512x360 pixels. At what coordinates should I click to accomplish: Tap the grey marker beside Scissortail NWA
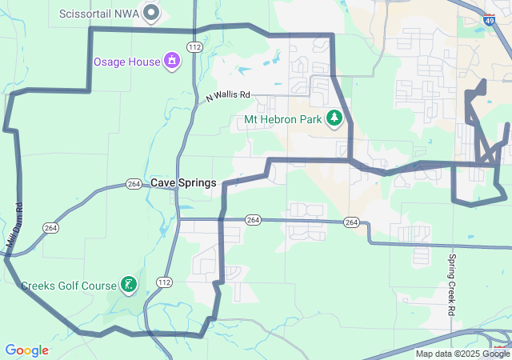(x=150, y=13)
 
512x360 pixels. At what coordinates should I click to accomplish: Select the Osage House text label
(x=127, y=61)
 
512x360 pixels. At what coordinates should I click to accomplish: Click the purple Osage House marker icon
(x=171, y=61)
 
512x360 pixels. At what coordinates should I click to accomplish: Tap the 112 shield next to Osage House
(x=194, y=48)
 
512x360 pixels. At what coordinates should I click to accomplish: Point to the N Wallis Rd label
(x=228, y=95)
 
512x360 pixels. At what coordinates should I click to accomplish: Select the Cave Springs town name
(x=183, y=182)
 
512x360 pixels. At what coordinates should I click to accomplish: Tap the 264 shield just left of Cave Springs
(x=134, y=184)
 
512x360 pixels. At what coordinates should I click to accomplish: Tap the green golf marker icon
(x=127, y=284)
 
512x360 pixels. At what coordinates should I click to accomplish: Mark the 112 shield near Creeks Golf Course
(x=164, y=282)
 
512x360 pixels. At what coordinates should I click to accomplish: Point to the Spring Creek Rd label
(x=452, y=284)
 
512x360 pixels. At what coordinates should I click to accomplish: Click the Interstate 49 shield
(x=488, y=22)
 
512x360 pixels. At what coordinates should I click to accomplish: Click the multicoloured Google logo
(x=26, y=350)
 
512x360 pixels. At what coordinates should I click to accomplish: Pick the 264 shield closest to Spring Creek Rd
(x=351, y=221)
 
